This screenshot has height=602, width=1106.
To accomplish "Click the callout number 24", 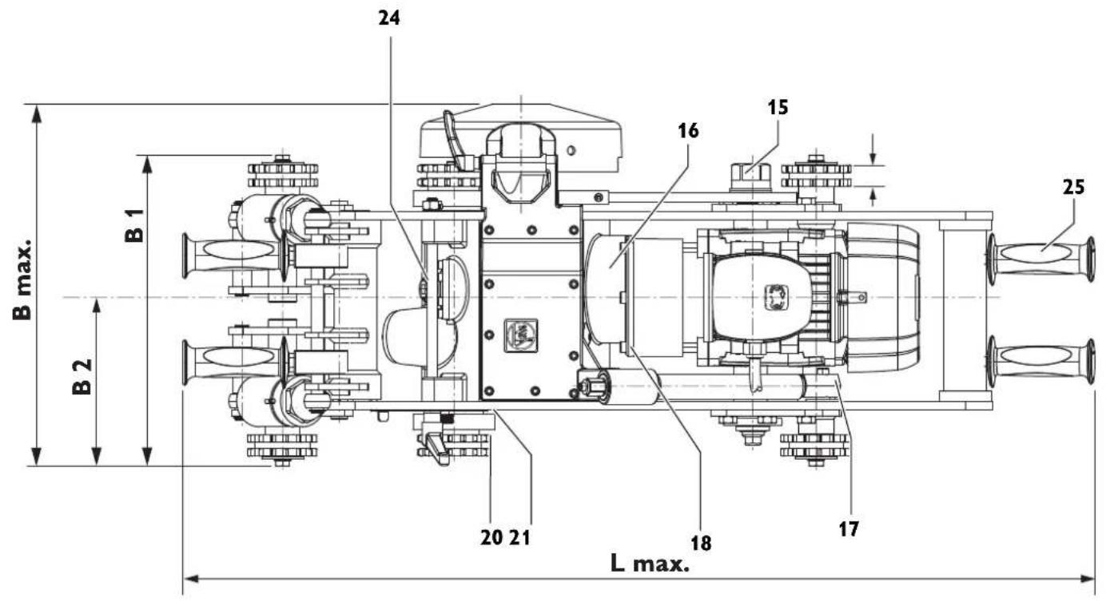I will click(x=389, y=18).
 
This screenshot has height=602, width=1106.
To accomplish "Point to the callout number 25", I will click(x=1074, y=188).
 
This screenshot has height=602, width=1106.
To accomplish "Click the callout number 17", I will click(x=849, y=528).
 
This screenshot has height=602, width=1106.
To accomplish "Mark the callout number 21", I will click(x=519, y=537).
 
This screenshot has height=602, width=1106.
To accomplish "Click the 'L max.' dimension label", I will click(x=649, y=564).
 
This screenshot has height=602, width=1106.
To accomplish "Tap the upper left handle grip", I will click(x=233, y=253).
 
